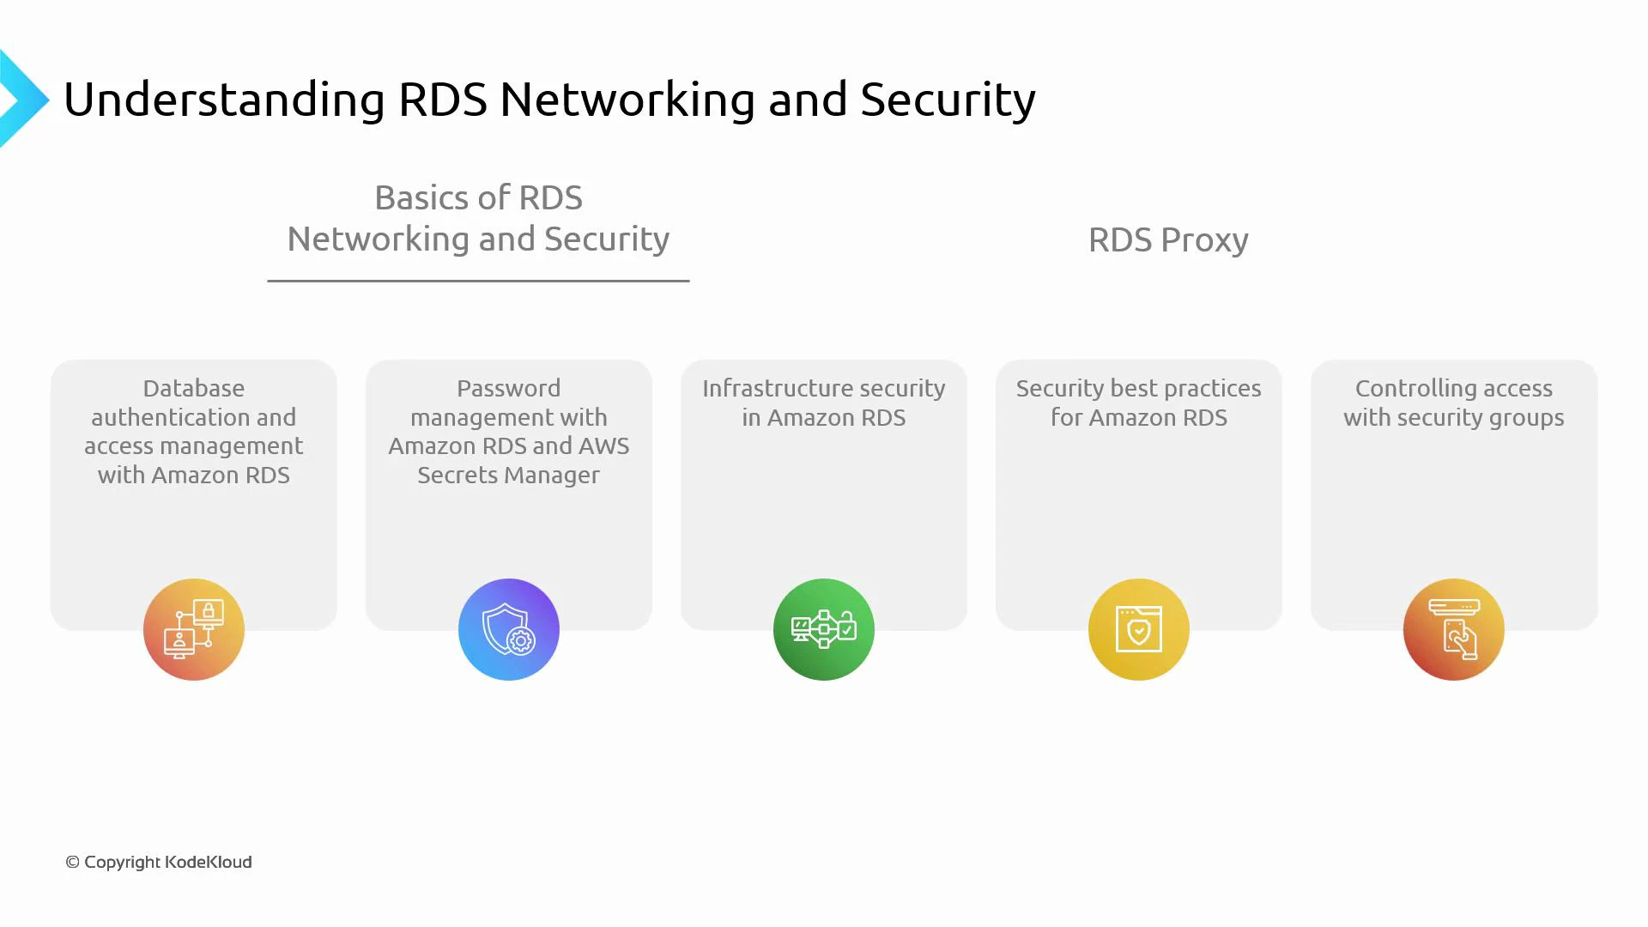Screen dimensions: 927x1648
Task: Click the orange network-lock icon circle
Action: click(194, 629)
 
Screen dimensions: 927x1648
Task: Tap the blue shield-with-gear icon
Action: click(509, 629)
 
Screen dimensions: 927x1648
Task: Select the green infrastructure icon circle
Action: click(824, 629)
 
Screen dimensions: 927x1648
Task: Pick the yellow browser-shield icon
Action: click(1139, 629)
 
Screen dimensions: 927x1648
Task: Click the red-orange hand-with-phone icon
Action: click(1454, 629)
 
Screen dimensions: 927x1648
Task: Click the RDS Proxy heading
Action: click(1168, 240)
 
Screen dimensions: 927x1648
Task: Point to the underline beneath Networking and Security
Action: click(478, 281)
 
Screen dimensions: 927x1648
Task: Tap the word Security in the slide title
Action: click(948, 100)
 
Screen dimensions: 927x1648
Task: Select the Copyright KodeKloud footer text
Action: click(159, 862)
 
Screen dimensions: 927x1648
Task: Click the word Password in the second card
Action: click(509, 388)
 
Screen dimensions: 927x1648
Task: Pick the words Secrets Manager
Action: click(509, 475)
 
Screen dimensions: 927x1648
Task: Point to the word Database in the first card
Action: click(194, 388)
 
